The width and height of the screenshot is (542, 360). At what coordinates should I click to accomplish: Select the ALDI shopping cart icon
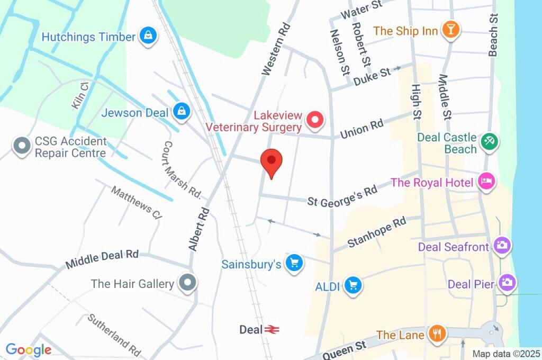click(353, 285)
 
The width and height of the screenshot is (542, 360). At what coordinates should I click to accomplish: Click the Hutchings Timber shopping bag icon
click(149, 37)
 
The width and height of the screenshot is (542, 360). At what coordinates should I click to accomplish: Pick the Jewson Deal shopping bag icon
click(182, 112)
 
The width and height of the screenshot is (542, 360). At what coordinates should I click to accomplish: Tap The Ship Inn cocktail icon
click(450, 30)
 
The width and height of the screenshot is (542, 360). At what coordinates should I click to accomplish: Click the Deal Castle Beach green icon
click(487, 141)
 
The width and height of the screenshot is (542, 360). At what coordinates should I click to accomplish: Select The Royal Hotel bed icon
click(486, 182)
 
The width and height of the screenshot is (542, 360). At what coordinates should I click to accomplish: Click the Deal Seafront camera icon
click(501, 246)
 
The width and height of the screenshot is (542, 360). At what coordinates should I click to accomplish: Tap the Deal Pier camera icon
click(507, 283)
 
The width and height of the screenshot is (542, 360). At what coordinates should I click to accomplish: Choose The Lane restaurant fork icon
click(437, 334)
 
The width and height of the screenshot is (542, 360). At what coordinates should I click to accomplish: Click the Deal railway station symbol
click(272, 329)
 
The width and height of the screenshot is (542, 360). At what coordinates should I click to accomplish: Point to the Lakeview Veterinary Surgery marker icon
click(315, 121)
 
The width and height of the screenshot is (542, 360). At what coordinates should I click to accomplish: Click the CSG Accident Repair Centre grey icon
click(22, 147)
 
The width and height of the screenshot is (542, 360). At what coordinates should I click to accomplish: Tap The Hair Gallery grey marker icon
click(187, 283)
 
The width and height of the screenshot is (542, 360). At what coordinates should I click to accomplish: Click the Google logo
click(28, 349)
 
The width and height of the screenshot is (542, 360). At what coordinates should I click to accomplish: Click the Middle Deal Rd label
click(102, 259)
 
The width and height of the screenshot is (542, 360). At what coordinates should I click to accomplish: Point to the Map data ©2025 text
click(505, 354)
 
